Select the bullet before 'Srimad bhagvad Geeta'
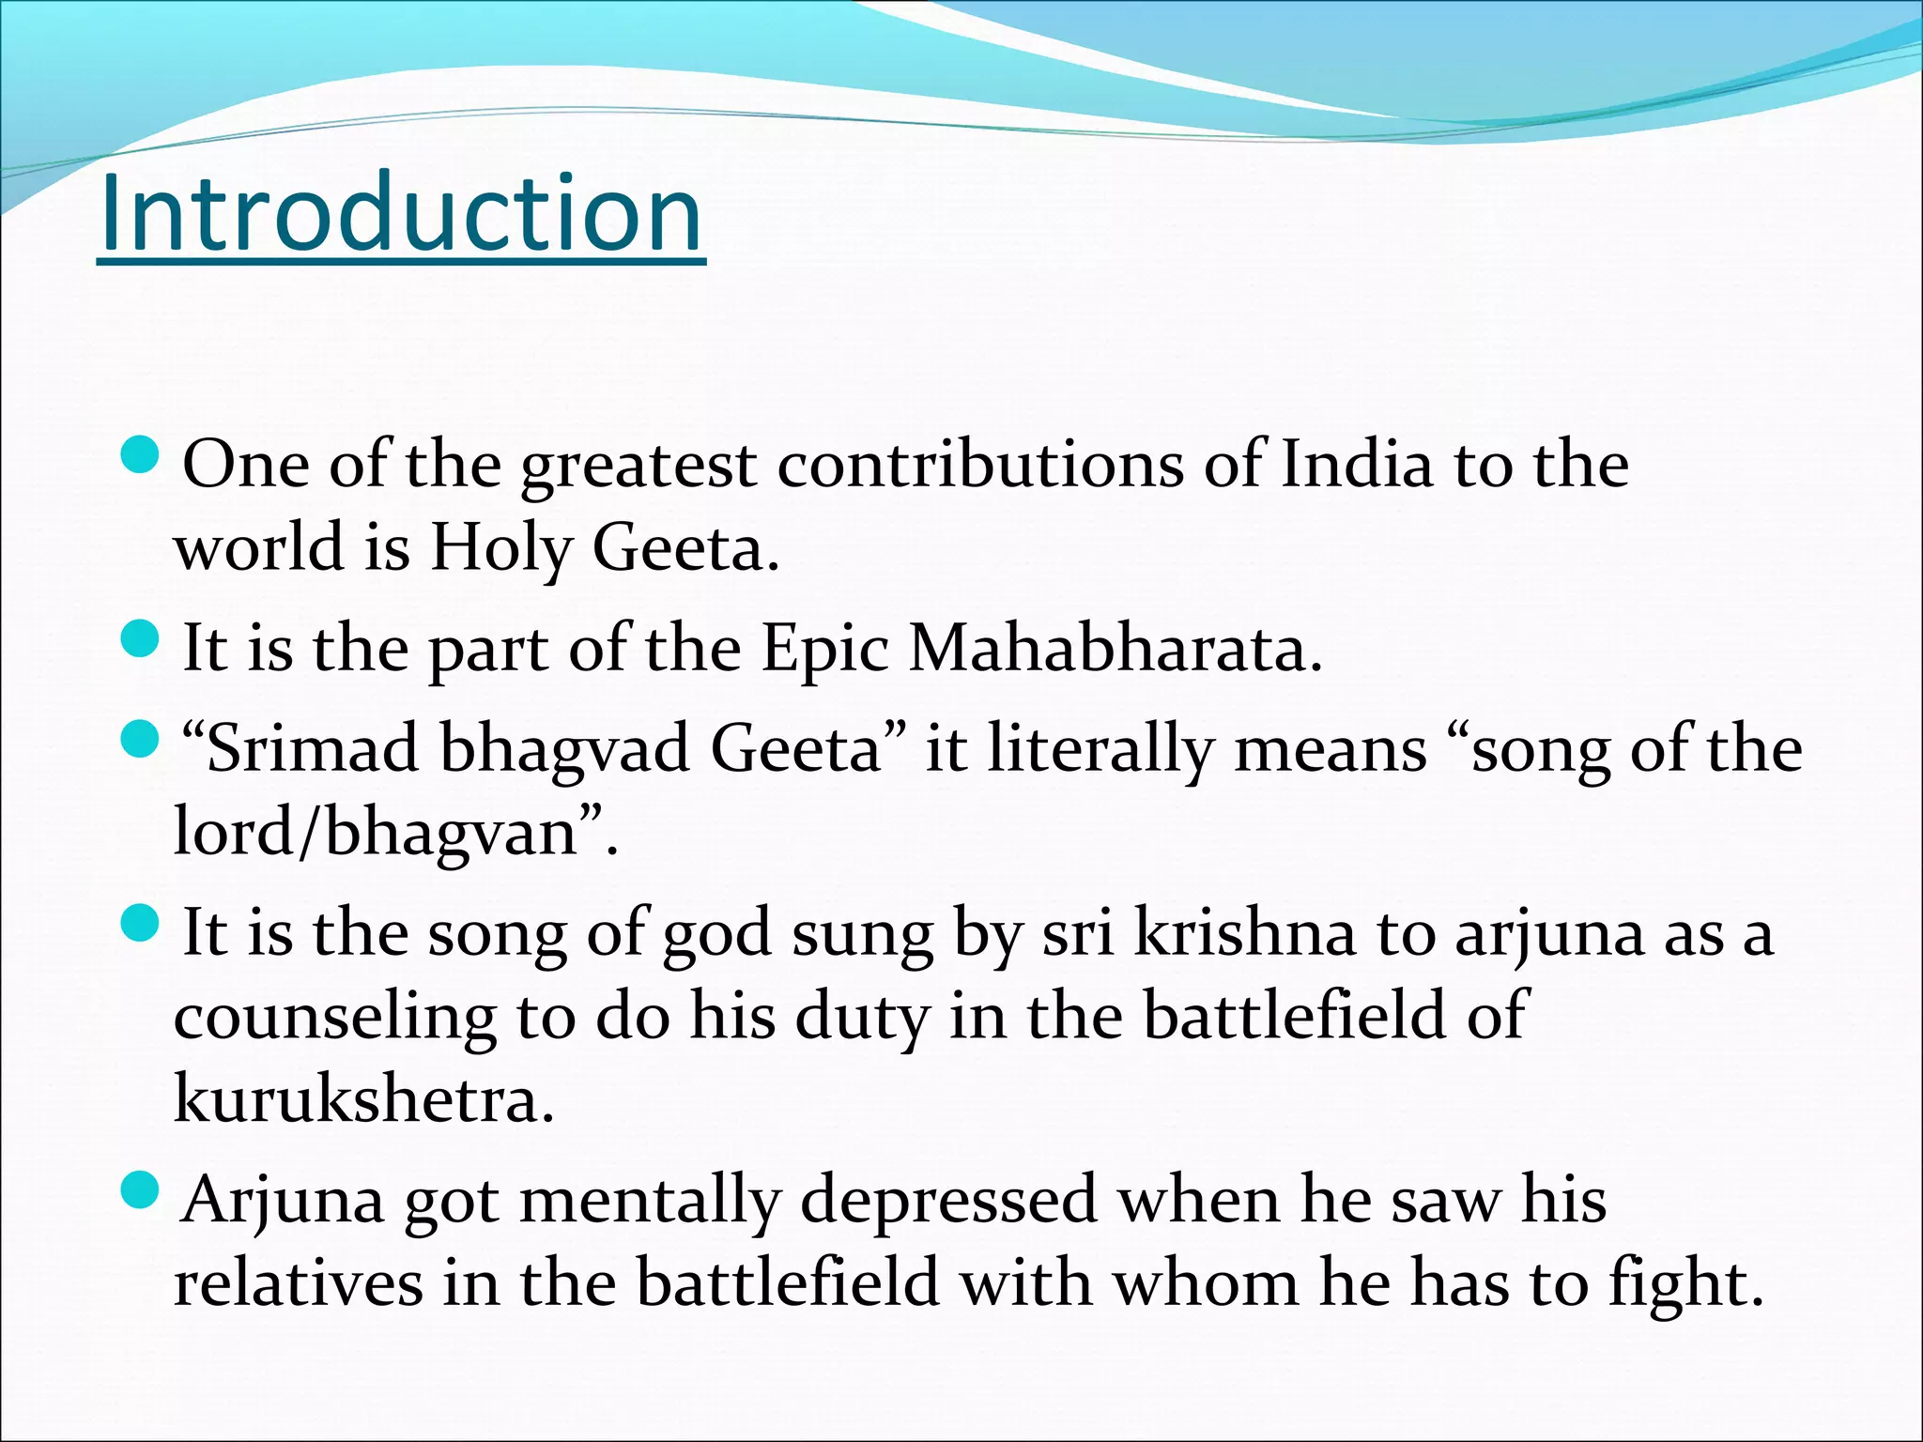pos(142,740)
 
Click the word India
pos(1357,465)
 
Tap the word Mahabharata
pos(1115,650)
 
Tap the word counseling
pos(335,1017)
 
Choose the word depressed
pos(948,1201)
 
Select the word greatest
pos(638,467)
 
